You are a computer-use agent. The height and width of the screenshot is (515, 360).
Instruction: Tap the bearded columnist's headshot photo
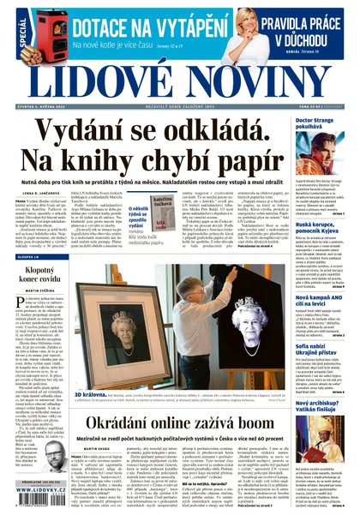tap(55, 455)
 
